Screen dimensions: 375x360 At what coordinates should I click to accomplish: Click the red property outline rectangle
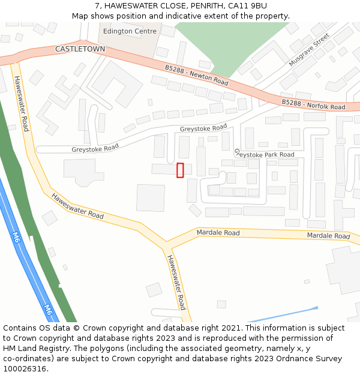180,170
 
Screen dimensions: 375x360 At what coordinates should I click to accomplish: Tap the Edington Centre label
130,31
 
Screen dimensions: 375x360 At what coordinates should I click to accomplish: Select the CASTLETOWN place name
80,49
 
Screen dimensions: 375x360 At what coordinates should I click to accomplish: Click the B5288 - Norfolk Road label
313,105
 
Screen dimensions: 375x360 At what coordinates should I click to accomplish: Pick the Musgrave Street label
310,50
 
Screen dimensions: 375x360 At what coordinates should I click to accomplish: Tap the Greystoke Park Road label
264,155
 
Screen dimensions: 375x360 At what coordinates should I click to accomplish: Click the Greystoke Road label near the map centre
203,128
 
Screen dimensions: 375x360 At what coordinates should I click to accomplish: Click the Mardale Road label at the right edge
328,236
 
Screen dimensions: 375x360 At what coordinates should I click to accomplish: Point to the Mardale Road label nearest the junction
218,233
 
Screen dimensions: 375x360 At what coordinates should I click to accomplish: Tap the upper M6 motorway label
16,236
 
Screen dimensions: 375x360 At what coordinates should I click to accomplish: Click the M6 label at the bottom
49,310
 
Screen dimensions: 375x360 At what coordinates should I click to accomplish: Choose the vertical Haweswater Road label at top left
21,103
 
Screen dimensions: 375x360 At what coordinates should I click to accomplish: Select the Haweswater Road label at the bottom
176,282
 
